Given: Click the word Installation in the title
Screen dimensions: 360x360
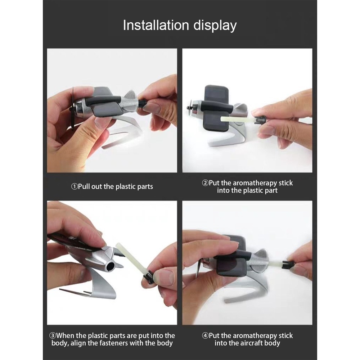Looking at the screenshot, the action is [x=156, y=25].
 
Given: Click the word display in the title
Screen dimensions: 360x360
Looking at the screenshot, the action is [x=215, y=26].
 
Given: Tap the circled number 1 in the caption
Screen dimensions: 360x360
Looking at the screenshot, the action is [x=75, y=186].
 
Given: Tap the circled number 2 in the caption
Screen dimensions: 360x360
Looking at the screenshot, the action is [x=205, y=183].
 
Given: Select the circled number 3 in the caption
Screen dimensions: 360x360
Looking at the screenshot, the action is [x=53, y=336].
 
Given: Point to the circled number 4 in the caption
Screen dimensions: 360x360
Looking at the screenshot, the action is [x=205, y=336].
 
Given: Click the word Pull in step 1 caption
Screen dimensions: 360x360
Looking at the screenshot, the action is [x=84, y=186].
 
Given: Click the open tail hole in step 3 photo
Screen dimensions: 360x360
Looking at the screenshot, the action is [x=110, y=266].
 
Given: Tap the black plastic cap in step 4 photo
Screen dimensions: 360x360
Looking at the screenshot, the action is [x=288, y=265].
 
